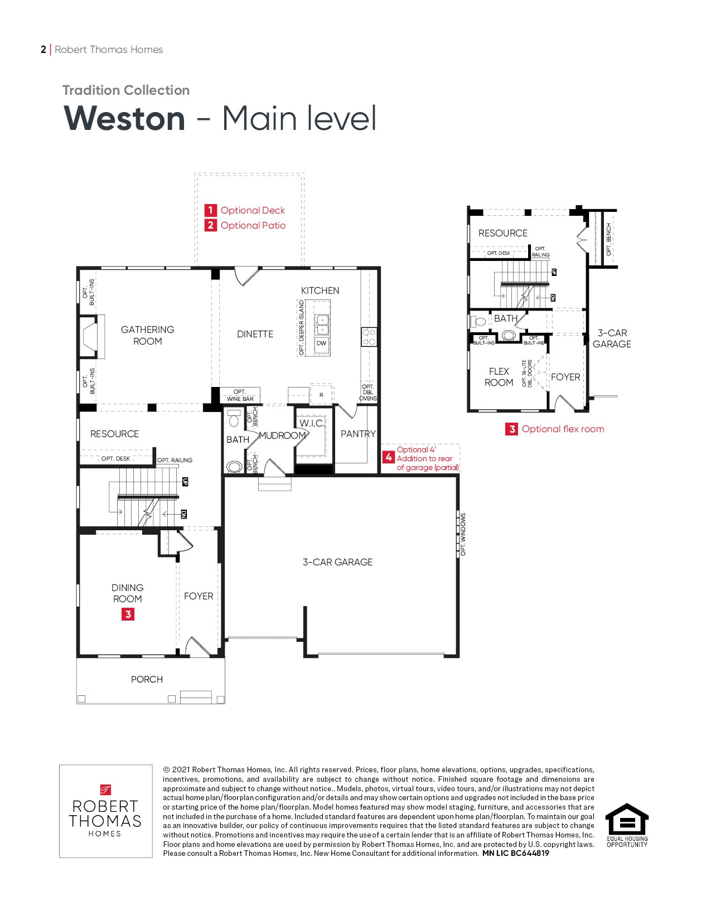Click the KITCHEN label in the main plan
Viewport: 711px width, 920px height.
(x=320, y=290)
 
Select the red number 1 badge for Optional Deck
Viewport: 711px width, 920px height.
(x=210, y=210)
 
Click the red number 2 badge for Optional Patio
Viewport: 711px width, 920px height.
(x=210, y=225)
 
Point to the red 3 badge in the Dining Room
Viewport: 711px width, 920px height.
(x=128, y=614)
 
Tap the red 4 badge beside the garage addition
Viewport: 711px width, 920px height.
(x=389, y=457)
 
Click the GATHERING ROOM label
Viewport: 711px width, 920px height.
(x=147, y=335)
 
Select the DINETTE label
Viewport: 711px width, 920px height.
(x=255, y=334)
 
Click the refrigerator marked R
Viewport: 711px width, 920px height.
(x=321, y=395)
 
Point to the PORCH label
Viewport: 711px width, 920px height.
(x=147, y=679)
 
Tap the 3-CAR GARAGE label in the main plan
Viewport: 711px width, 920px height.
(x=337, y=562)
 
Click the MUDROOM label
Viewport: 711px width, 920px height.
(x=282, y=435)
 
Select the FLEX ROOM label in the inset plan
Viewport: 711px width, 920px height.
(x=499, y=377)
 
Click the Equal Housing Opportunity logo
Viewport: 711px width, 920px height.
(x=627, y=825)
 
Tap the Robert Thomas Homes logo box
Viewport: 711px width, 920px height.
(x=106, y=811)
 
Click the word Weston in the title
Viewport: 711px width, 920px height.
(x=124, y=119)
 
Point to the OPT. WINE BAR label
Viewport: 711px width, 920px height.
(x=240, y=395)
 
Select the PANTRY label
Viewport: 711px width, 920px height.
(x=358, y=434)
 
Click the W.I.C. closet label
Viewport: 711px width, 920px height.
(x=312, y=423)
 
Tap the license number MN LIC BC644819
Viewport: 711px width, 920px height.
(x=516, y=853)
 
